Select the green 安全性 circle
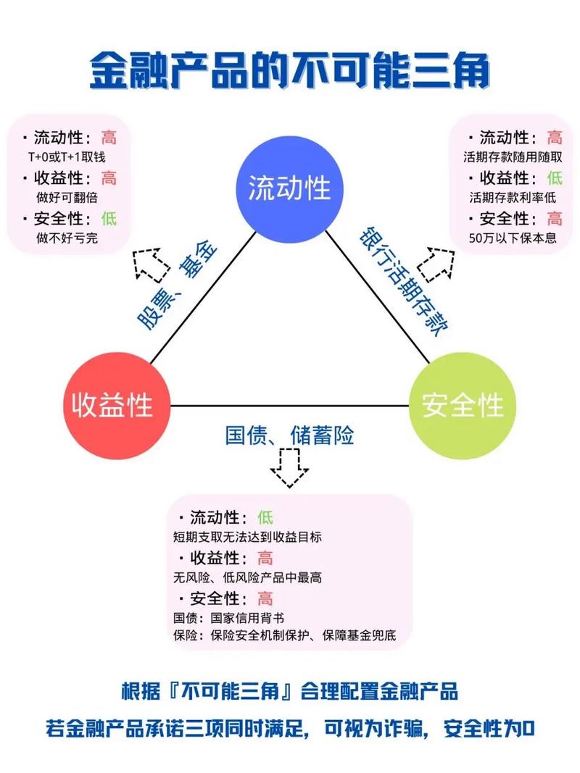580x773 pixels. point(463,406)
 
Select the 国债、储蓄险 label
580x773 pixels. point(290,435)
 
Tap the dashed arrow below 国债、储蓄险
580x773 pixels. point(289,468)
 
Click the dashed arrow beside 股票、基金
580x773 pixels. point(148,264)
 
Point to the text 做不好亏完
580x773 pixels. point(66,237)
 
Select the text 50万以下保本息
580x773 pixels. point(513,237)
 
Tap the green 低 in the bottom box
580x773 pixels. point(265,517)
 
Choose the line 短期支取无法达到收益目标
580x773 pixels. point(247,538)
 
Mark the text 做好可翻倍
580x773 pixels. point(66,197)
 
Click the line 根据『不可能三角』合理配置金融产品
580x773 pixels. point(289,690)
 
